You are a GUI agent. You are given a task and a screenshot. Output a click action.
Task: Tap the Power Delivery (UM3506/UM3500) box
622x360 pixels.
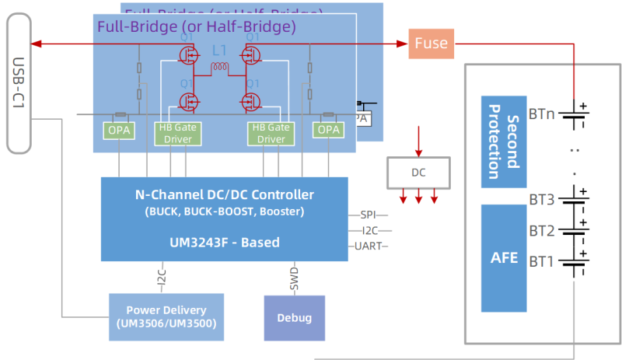tap(166, 316)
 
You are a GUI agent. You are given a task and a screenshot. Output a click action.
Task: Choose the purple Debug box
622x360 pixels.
tap(294, 318)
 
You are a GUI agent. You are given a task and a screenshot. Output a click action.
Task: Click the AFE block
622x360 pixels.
tap(504, 257)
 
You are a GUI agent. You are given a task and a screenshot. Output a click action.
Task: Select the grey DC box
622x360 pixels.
tap(418, 172)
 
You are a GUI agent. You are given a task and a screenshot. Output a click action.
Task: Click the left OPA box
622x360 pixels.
tap(119, 130)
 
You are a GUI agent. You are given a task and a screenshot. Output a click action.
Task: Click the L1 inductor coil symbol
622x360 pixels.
tap(219, 69)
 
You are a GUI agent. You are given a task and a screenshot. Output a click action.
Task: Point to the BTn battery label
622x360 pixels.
tap(541, 114)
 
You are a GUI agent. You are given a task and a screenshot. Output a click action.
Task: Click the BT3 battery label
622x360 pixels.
tap(541, 201)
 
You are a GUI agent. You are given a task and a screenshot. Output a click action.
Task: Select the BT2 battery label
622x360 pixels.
tap(541, 230)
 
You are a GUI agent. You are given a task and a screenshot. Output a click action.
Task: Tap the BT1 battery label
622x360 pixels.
tap(541, 260)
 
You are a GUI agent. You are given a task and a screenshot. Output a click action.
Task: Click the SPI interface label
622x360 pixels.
tap(369, 215)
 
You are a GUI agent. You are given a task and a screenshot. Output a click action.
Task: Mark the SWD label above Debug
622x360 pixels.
tap(294, 278)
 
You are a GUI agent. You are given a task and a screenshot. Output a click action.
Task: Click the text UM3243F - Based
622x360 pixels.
tap(224, 242)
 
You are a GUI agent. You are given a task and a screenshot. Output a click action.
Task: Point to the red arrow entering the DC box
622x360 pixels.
tap(418, 142)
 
